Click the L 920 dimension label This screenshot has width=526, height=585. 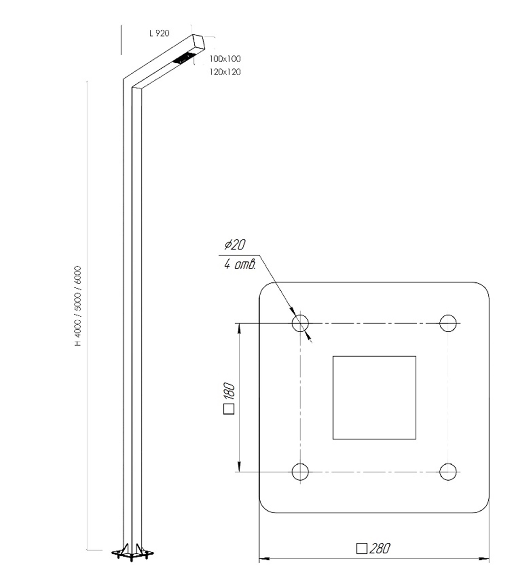point(159,33)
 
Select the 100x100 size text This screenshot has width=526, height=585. point(225,59)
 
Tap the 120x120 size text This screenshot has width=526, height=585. point(225,72)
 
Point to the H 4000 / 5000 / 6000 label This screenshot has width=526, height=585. point(78,306)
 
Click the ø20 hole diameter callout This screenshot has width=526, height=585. point(235,244)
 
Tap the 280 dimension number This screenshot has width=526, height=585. point(379,549)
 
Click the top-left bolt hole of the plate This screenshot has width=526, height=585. point(300,323)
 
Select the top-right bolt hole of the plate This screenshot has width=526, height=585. point(448,323)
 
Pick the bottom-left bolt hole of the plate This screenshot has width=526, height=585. point(300,472)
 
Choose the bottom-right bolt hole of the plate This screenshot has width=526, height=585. point(448,472)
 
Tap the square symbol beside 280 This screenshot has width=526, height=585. point(362,549)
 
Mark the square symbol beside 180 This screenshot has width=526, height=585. point(229,409)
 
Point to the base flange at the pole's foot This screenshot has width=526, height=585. point(133,553)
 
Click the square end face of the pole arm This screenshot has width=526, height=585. point(199,43)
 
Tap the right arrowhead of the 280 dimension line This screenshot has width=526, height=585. point(484,559)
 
